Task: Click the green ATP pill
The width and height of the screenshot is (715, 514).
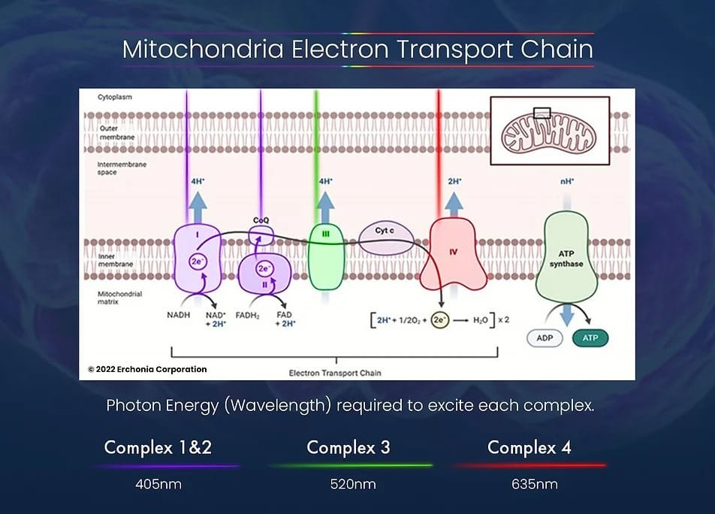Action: pos(590,338)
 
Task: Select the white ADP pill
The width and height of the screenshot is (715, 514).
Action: pos(545,338)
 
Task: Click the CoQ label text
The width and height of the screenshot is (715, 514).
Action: pos(261,220)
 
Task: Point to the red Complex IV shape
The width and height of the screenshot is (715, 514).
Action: pos(454,255)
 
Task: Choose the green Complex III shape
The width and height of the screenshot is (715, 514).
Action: pos(326,257)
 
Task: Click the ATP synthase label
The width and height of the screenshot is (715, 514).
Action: pos(566,259)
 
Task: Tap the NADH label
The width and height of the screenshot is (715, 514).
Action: pos(178,315)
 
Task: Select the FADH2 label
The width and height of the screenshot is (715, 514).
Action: pos(248,315)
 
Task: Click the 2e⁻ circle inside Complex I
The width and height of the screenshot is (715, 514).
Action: pos(198,262)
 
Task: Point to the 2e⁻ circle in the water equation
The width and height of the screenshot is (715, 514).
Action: pos(439,319)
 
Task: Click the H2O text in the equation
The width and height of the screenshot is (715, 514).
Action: pos(481,320)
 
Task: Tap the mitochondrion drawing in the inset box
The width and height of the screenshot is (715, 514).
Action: pos(548,132)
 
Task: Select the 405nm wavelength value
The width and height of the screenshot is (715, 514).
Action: pos(158,484)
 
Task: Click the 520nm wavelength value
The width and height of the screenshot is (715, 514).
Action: pos(353,484)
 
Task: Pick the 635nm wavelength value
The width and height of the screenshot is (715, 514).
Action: pos(535,484)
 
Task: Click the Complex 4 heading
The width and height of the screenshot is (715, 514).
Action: pos(529,447)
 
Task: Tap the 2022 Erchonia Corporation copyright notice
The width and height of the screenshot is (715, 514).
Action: pos(147,370)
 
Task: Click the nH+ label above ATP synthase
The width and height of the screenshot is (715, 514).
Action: pos(567,182)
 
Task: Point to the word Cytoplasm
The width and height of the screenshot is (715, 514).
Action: pos(115,97)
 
